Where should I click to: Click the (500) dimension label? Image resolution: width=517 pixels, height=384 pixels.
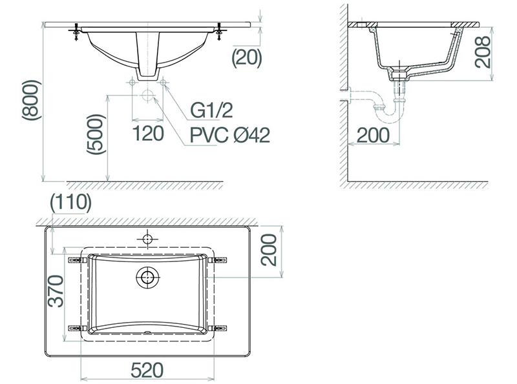(x=96, y=135)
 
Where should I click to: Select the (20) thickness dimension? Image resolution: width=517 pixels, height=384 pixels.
(x=246, y=57)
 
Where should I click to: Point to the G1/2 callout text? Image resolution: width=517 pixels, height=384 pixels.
(x=211, y=110)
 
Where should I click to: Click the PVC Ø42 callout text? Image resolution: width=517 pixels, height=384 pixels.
(x=229, y=135)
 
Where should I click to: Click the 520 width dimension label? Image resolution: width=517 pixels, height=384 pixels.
(x=147, y=370)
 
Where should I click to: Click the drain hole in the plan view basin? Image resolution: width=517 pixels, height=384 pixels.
(x=147, y=278)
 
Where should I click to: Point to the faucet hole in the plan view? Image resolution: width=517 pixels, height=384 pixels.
(x=147, y=239)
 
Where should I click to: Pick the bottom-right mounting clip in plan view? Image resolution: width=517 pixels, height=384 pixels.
(x=220, y=327)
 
